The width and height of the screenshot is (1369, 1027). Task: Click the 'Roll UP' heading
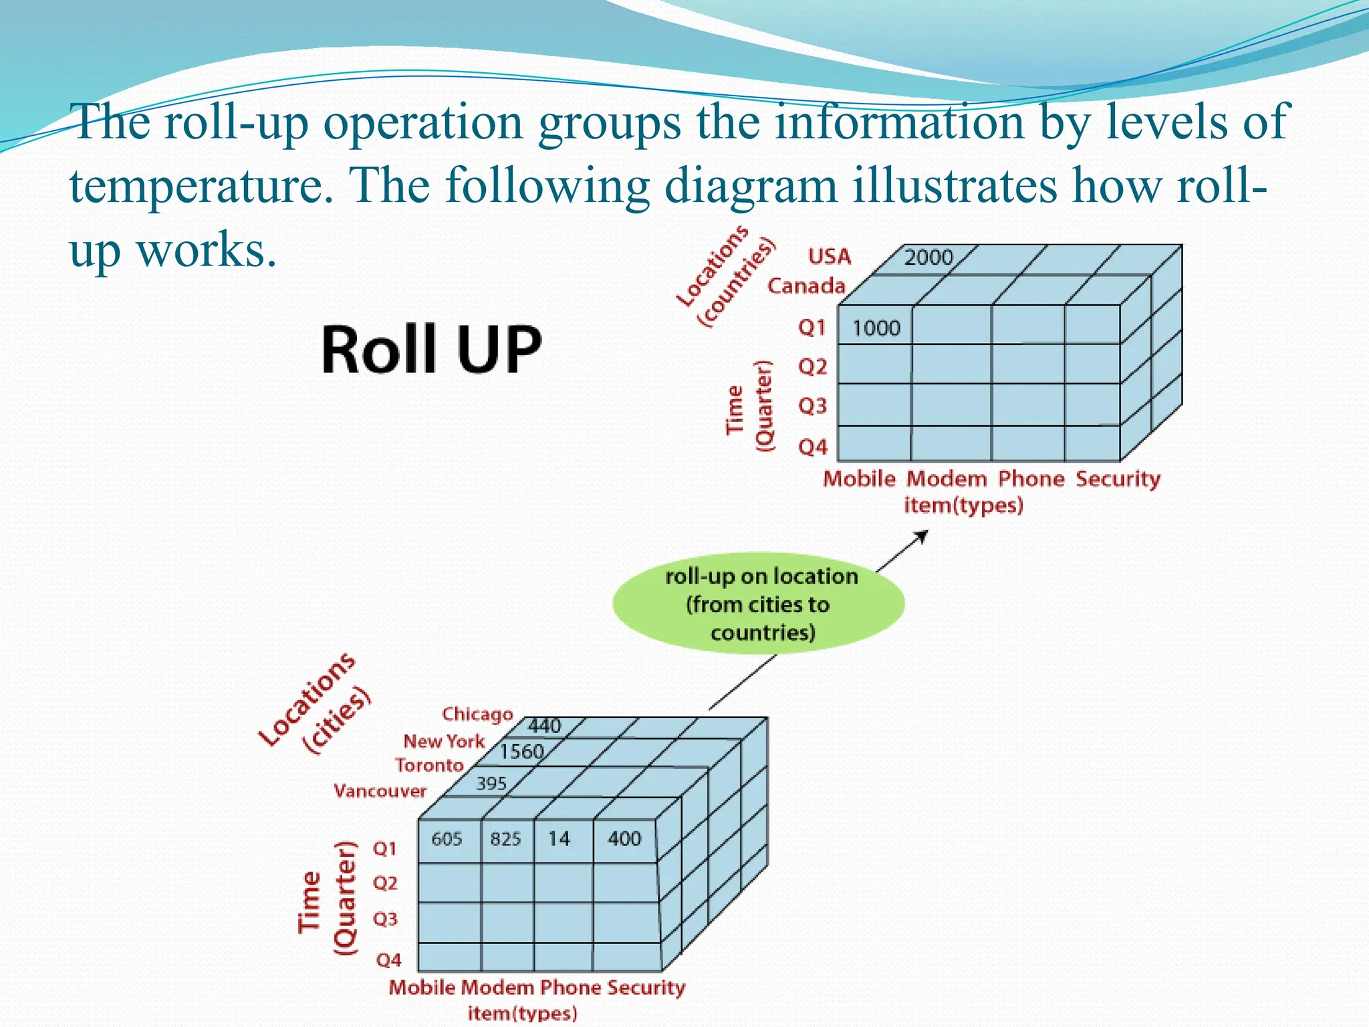point(431,350)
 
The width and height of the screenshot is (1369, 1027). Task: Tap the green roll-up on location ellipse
point(759,603)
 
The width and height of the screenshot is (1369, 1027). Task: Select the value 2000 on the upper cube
point(928,257)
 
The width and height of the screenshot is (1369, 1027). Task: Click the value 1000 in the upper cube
point(876,328)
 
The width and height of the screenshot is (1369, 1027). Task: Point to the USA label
point(830,257)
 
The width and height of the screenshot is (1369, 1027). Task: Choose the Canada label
point(806,286)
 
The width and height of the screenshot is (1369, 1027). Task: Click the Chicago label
point(477,714)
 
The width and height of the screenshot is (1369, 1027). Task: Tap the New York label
point(444,741)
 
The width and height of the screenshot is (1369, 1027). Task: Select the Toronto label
point(429,765)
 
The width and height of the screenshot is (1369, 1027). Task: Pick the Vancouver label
point(380,791)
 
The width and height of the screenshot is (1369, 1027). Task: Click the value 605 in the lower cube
point(447,838)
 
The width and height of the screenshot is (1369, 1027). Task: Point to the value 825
point(505,838)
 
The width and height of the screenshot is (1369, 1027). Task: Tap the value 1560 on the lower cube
point(521,752)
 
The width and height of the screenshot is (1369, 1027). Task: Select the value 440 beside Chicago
point(545,725)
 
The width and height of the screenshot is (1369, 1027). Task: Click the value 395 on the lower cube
point(491,783)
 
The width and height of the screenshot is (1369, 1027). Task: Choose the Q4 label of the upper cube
point(813,447)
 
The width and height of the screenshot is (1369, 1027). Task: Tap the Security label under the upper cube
point(1118,479)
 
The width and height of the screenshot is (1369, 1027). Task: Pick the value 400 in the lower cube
point(624,838)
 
